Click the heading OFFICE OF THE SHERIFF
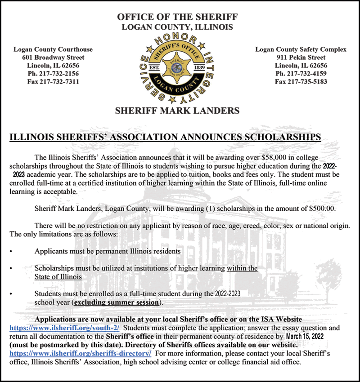point(177,17)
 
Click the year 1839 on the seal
point(199,67)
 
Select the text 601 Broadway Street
point(53,58)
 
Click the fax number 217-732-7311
point(58,82)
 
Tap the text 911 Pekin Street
point(301,58)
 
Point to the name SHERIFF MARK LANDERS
point(177,111)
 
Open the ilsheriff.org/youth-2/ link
point(64,328)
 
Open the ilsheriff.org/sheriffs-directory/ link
point(81,354)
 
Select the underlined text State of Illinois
point(58,277)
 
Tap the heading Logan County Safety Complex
point(301,49)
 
